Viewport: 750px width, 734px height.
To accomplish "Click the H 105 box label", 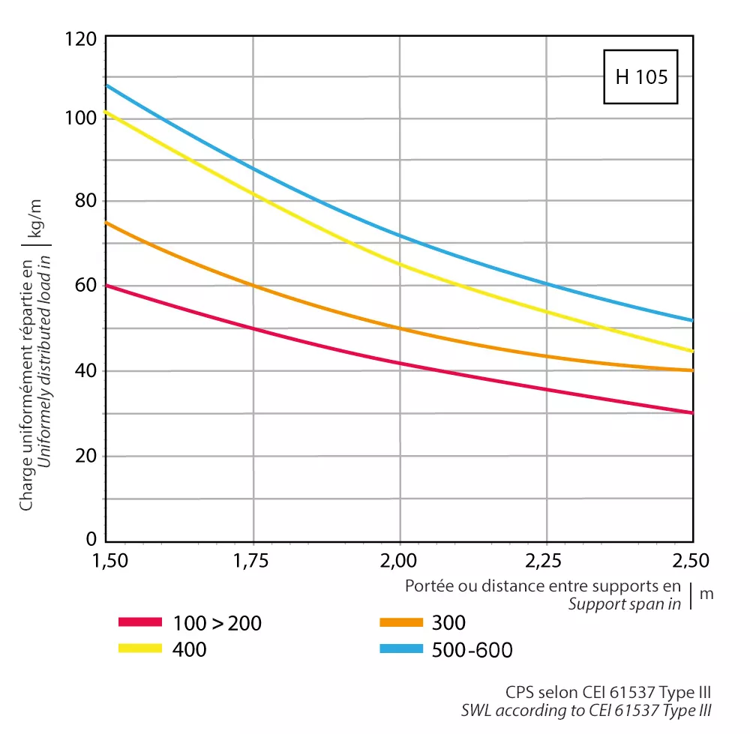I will [641, 77].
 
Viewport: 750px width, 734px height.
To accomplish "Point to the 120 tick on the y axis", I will [80, 37].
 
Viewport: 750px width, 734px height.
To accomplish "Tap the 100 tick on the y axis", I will [80, 118].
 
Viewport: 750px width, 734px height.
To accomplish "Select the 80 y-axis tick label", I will [84, 201].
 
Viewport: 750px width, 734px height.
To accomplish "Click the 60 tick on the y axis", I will [84, 285].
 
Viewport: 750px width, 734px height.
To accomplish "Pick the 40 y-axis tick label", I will [84, 371].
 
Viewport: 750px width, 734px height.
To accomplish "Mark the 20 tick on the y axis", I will [84, 456].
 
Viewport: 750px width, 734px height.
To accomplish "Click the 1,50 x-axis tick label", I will [106, 560].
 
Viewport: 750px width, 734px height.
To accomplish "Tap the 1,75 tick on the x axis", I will [253, 560].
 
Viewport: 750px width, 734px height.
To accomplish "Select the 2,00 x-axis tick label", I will [399, 560].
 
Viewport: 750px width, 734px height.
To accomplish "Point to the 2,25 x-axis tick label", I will [546, 560].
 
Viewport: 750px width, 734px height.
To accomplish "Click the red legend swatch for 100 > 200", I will [140, 622].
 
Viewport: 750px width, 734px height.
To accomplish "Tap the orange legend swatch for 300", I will [402, 622].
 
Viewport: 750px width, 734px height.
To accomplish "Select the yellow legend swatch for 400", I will [140, 649].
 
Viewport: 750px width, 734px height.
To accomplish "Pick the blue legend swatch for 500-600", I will [402, 649].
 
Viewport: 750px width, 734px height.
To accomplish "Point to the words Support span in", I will [625, 604].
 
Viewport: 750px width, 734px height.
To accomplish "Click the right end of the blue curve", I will [692, 320].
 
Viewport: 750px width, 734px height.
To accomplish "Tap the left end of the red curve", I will [107, 286].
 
